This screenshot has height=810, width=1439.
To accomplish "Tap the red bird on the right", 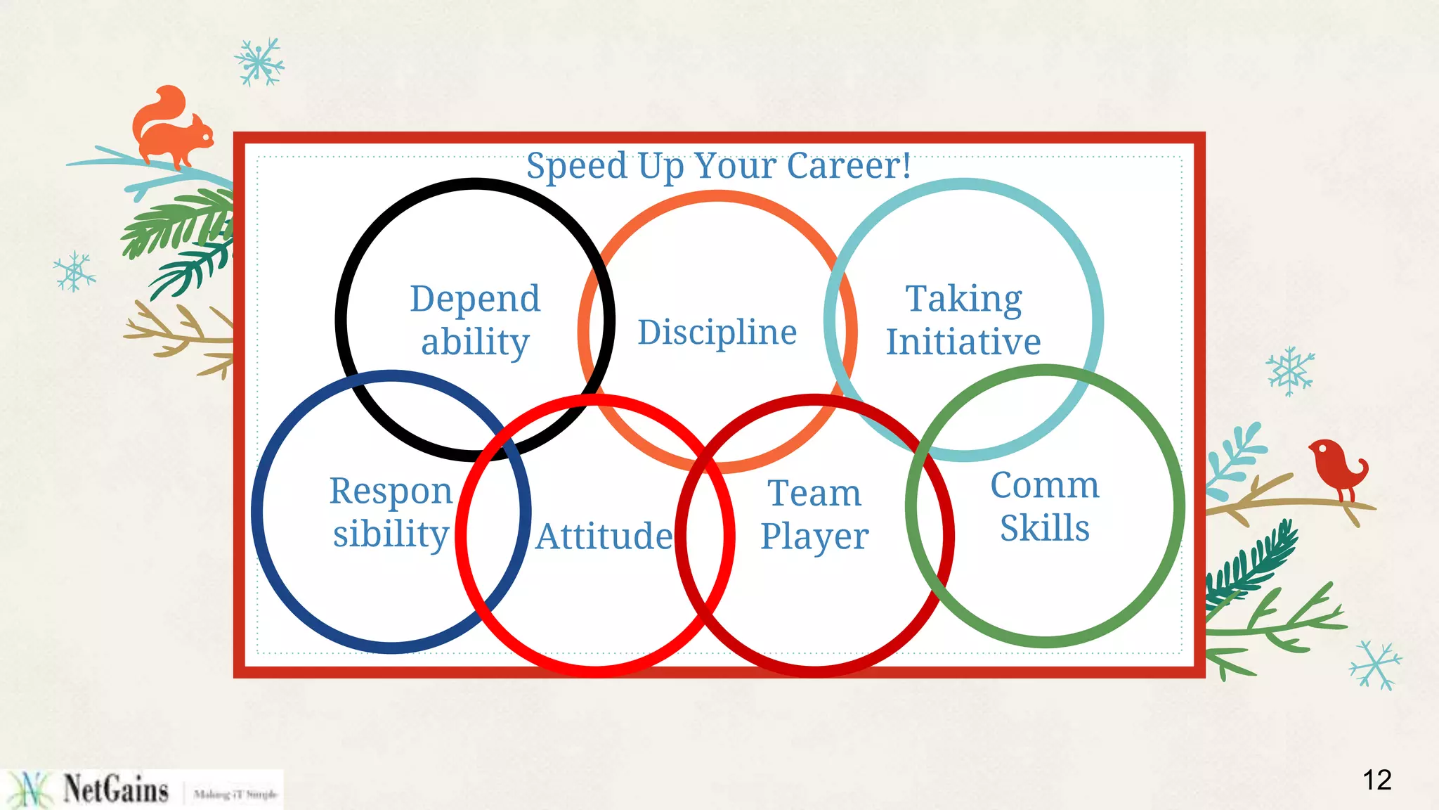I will click(1337, 468).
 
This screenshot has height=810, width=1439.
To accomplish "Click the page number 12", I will click(1376, 780).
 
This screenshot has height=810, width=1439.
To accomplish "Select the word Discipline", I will click(717, 333).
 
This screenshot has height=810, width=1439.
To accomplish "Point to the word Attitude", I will click(604, 536).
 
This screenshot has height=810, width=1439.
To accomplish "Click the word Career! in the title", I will click(849, 167).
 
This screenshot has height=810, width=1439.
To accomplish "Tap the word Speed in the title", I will click(576, 167).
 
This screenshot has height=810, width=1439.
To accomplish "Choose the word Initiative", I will click(963, 342).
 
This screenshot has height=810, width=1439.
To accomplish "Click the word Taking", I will click(963, 299).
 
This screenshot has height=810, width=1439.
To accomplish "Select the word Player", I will click(814, 537).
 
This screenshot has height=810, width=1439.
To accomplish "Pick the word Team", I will click(814, 493).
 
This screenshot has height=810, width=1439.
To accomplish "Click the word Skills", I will click(1045, 528).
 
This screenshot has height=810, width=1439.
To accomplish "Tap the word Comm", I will click(1045, 485).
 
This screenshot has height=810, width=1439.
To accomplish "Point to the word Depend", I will click(475, 299).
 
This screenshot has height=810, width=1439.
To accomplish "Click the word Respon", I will click(391, 491).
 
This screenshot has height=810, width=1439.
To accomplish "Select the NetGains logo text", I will click(116, 789).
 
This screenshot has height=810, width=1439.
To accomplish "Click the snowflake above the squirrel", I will click(259, 63).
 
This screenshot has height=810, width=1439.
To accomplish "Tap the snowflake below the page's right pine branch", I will click(1375, 664).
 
